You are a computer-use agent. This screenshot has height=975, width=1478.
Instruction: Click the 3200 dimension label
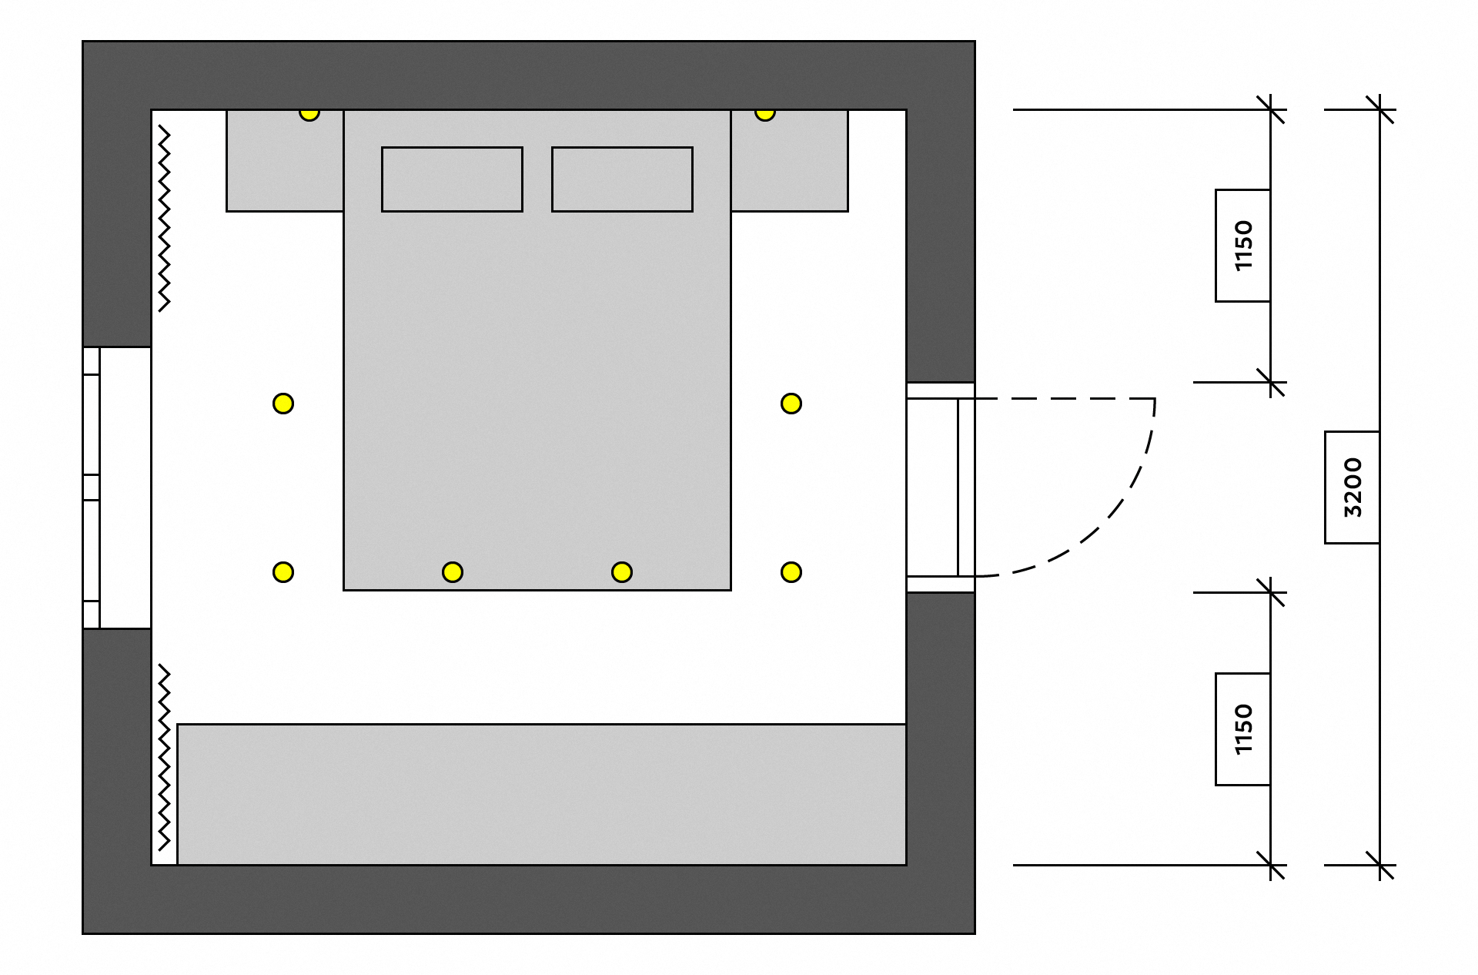click(x=1352, y=487)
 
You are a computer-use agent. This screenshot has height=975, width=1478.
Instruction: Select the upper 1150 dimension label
click(x=1242, y=246)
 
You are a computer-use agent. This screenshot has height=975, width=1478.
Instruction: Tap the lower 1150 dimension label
click(x=1242, y=729)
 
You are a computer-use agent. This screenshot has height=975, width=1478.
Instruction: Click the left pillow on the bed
click(x=452, y=179)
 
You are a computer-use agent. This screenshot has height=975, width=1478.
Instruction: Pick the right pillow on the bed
click(x=622, y=179)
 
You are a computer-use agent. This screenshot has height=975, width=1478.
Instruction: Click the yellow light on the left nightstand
click(x=309, y=113)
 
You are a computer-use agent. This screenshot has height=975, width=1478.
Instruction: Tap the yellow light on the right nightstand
click(x=764, y=113)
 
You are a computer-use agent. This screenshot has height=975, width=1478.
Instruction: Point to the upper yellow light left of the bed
click(x=283, y=404)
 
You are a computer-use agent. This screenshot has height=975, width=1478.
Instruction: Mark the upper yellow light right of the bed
click(x=791, y=404)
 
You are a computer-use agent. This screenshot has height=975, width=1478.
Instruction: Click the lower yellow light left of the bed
click(x=283, y=572)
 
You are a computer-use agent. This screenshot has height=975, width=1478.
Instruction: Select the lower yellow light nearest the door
click(x=791, y=572)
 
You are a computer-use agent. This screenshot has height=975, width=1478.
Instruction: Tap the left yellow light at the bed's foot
click(x=453, y=572)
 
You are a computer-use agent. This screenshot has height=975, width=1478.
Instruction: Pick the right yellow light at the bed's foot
click(x=622, y=572)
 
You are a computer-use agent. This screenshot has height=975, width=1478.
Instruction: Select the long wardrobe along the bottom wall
click(x=542, y=795)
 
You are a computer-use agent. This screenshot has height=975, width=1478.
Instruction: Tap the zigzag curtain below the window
click(x=164, y=758)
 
